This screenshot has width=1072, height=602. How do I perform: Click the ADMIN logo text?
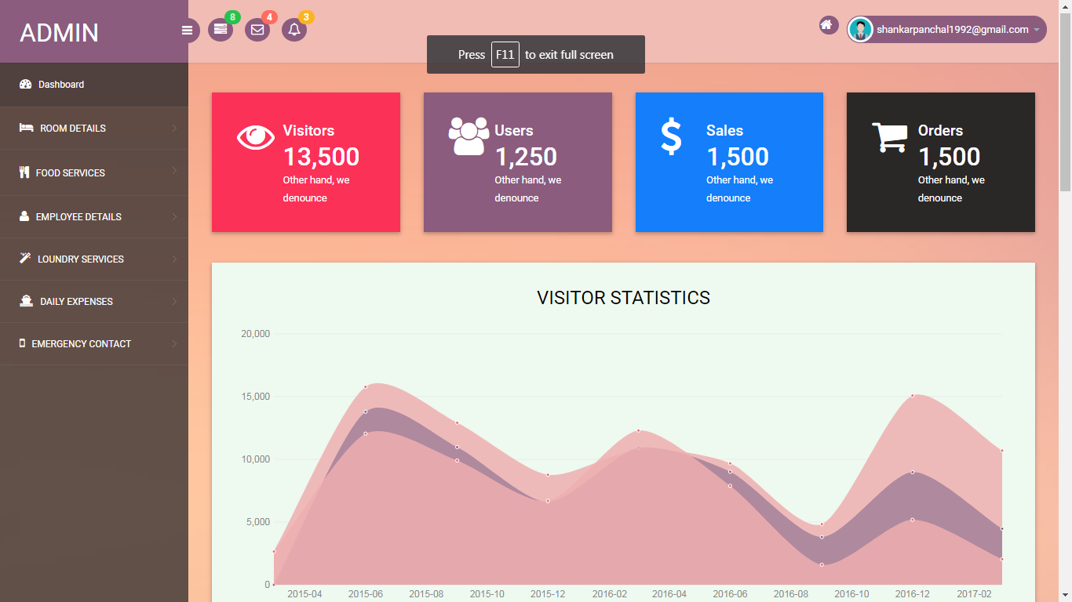(59, 33)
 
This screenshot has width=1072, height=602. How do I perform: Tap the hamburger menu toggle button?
(187, 30)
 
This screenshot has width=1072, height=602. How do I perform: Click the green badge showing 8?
(232, 17)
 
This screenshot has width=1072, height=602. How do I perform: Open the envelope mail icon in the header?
(257, 30)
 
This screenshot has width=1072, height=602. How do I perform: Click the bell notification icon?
(294, 30)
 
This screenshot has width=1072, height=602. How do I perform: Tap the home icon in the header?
(826, 25)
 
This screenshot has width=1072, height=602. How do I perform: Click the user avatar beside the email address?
(860, 30)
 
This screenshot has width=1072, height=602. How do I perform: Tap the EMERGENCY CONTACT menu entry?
(75, 344)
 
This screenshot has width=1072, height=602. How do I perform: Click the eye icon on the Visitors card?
(256, 137)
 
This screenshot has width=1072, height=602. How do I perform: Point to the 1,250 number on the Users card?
(526, 156)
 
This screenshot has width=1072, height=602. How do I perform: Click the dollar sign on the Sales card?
(671, 136)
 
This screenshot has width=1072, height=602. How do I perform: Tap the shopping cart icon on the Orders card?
(890, 137)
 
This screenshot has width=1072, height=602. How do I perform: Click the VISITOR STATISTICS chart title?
(623, 297)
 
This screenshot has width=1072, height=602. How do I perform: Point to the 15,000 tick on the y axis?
(256, 397)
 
